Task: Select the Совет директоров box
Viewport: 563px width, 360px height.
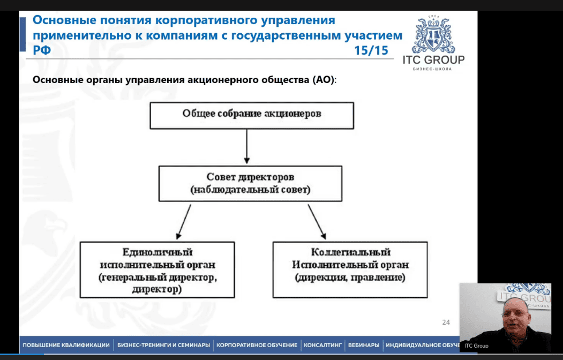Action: (x=250, y=183)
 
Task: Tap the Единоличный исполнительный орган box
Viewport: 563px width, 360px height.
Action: (x=157, y=269)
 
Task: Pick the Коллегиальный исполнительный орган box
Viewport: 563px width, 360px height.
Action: (x=350, y=269)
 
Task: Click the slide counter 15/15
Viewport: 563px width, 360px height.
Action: (x=371, y=51)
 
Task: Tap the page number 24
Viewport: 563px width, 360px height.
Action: (x=446, y=322)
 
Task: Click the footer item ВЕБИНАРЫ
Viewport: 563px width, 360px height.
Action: (x=363, y=345)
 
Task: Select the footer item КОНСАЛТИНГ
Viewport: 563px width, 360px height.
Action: (x=322, y=345)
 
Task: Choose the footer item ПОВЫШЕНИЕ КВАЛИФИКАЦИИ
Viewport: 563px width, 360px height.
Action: (x=66, y=345)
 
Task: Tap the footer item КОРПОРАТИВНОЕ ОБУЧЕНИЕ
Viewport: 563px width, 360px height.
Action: (x=257, y=345)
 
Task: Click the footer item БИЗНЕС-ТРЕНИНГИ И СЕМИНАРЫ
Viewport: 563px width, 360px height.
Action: (x=163, y=345)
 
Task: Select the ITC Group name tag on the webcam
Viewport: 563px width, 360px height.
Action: (x=476, y=346)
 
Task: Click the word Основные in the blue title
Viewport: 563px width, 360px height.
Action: (x=65, y=21)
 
